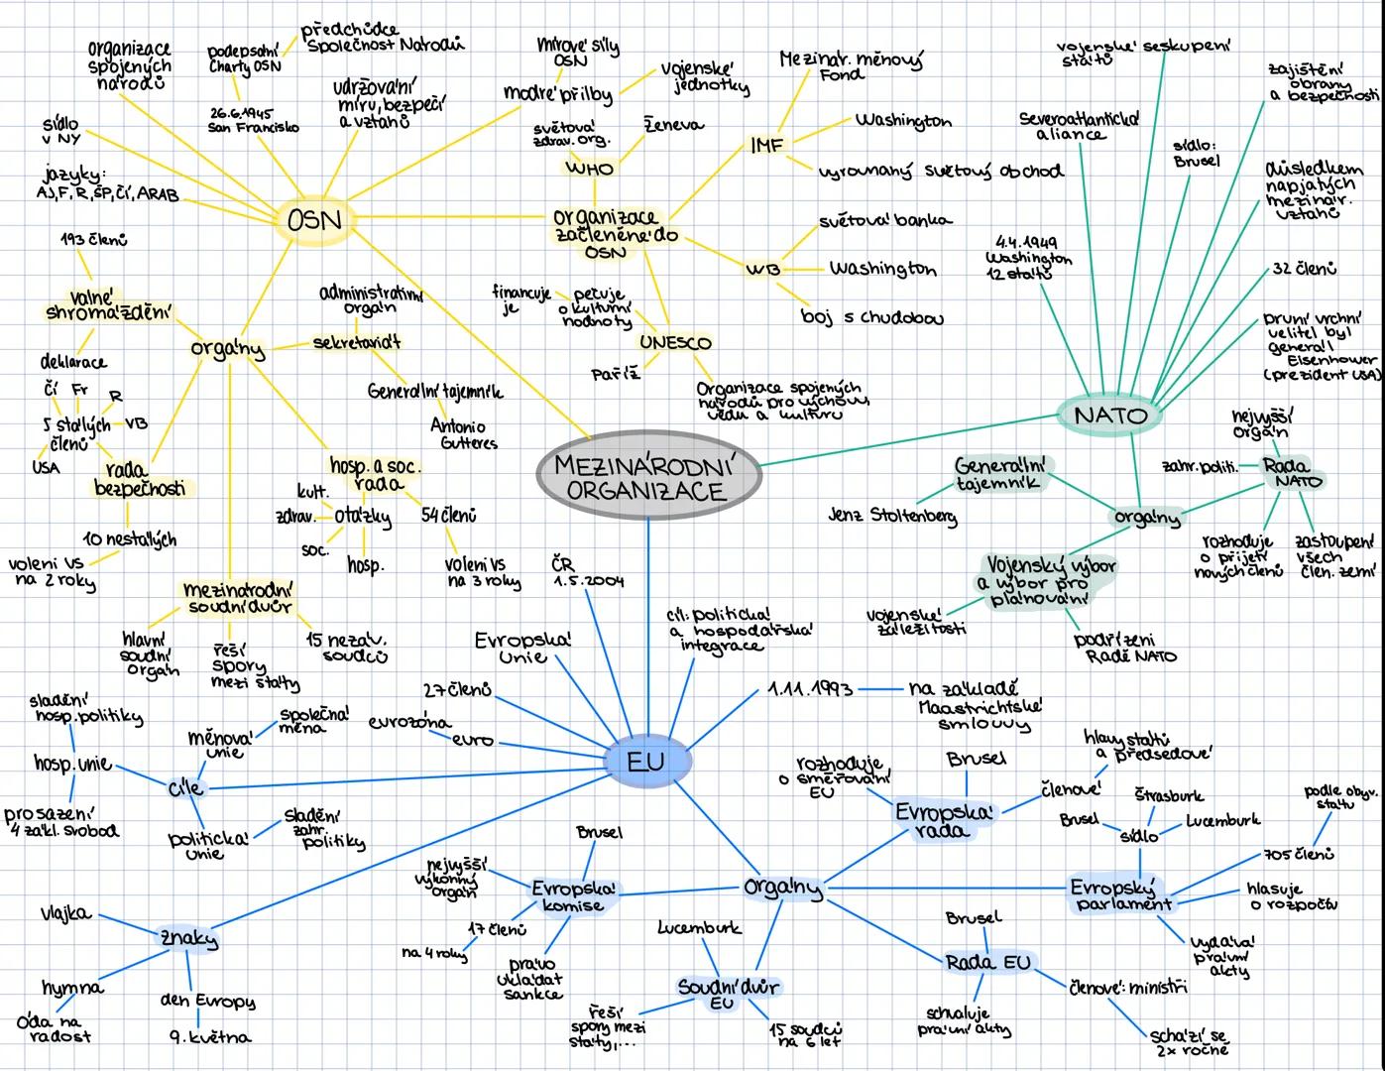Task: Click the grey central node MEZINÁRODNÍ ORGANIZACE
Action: click(x=649, y=477)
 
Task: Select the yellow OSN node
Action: click(x=314, y=220)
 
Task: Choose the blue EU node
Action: click(x=646, y=762)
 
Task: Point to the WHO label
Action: click(x=589, y=169)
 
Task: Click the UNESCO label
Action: click(x=675, y=343)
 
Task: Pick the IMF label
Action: click(x=766, y=146)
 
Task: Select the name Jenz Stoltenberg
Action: click(x=892, y=516)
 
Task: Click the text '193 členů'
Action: click(x=93, y=239)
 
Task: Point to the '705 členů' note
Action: click(x=1300, y=854)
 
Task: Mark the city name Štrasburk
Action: click(x=1169, y=795)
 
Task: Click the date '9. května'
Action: click(x=210, y=1037)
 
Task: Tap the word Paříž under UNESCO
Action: click(x=616, y=375)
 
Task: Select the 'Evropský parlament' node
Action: click(x=1119, y=894)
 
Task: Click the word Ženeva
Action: click(x=674, y=126)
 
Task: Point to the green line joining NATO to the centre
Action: click(x=902, y=439)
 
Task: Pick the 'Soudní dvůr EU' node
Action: click(x=729, y=993)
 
